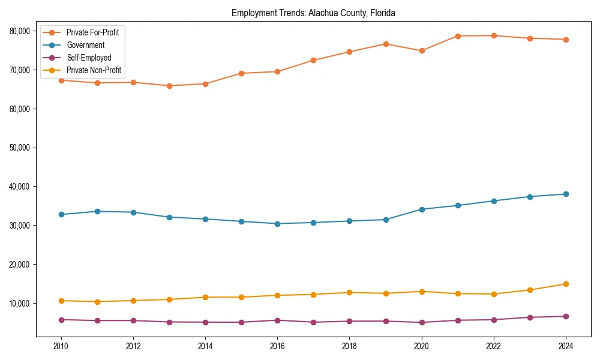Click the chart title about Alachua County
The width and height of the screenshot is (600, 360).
point(313,13)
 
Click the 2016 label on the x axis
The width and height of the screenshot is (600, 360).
point(277,346)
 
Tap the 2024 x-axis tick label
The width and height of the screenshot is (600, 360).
point(566,346)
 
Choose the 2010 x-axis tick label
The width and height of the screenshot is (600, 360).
point(61,346)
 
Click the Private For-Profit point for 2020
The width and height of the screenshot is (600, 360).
point(422,51)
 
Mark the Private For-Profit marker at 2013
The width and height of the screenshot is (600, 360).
point(169,86)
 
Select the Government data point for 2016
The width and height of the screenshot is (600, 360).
point(277,224)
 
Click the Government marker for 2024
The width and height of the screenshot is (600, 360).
point(566,194)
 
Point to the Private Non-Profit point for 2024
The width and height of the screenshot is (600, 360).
point(566,284)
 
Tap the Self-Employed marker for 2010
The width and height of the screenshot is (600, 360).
point(61,320)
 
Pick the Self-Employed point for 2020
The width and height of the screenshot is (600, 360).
point(422,322)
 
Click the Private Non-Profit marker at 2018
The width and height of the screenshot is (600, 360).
point(349,292)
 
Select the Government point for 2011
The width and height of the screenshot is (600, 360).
point(97,211)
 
